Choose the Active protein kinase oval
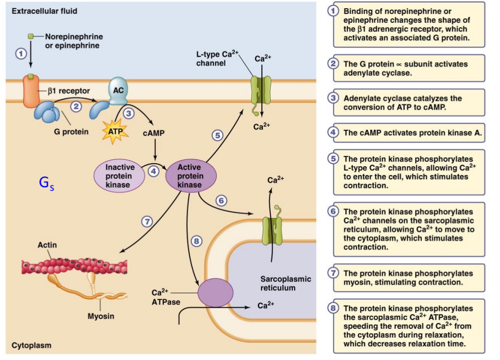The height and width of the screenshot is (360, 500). (190, 176)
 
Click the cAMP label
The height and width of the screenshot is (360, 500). (154, 133)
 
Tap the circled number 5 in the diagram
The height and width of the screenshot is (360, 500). (217, 136)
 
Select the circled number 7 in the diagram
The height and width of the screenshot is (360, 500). (147, 221)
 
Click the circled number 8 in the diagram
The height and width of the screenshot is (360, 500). (197, 241)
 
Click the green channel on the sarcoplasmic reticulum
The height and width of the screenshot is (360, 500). (271, 227)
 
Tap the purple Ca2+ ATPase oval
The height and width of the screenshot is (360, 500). (215, 292)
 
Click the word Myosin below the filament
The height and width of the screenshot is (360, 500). (101, 316)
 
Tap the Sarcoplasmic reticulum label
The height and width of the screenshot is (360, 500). (285, 283)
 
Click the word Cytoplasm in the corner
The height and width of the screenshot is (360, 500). (31, 345)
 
